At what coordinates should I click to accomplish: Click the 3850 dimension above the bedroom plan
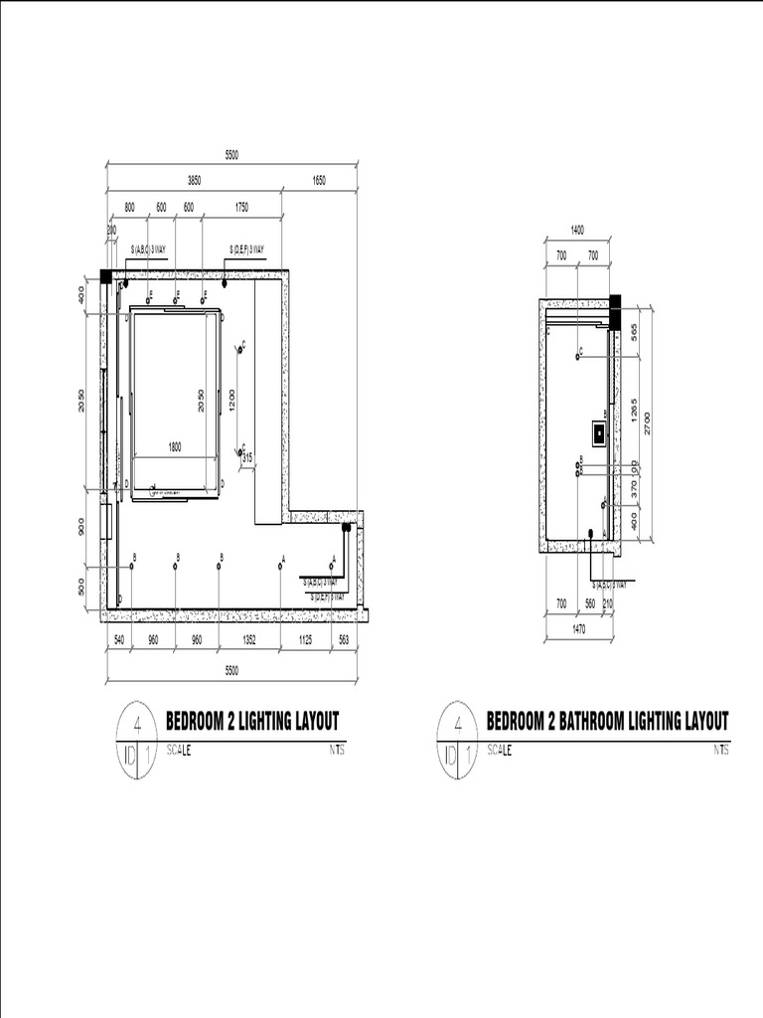point(195,181)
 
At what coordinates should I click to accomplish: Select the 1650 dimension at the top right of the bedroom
point(319,181)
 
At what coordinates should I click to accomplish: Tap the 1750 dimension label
point(241,207)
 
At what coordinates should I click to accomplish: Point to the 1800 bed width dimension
point(175,448)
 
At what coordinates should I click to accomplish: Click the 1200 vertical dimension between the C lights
point(231,400)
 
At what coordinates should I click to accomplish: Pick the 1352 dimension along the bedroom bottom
point(249,641)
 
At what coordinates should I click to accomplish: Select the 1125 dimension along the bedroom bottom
point(306,641)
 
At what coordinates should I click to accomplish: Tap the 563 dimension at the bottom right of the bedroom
point(345,641)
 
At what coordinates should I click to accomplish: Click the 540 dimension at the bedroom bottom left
point(118,641)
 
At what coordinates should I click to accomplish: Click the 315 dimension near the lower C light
point(248,457)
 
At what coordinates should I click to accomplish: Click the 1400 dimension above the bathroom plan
point(577,230)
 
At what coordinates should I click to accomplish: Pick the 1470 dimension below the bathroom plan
point(577,629)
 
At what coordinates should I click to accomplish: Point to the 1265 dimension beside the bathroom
point(634,410)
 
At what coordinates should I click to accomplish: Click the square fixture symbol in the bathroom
point(600,433)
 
